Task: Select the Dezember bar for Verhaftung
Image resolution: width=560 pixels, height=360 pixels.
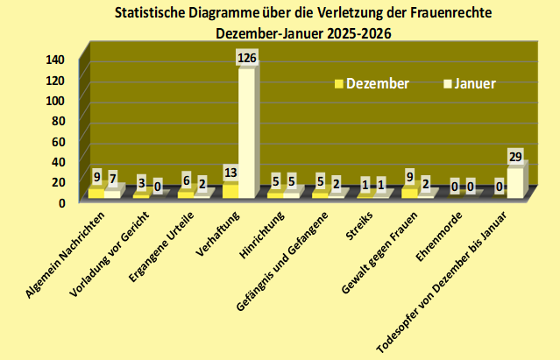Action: click(x=230, y=190)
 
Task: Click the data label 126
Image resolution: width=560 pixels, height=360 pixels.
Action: click(x=248, y=58)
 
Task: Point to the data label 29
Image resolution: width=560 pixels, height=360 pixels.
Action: click(x=516, y=157)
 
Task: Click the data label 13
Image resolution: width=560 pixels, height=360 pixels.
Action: click(x=231, y=172)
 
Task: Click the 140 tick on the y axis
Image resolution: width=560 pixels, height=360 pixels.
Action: click(x=55, y=60)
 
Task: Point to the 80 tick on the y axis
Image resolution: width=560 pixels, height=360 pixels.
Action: click(x=58, y=120)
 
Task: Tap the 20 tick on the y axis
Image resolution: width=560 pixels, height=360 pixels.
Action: click(x=58, y=181)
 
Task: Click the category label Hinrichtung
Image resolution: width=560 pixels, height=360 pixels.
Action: click(x=263, y=232)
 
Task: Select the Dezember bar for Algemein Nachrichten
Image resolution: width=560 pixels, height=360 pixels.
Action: click(x=96, y=192)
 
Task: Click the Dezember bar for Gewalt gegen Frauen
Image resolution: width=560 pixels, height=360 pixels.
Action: click(x=409, y=192)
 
